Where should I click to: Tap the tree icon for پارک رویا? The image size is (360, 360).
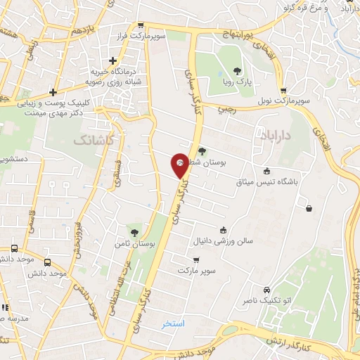236,70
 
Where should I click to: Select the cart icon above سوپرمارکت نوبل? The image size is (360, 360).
283,91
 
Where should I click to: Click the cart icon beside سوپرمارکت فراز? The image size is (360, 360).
141,25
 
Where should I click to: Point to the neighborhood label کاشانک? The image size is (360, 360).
92,141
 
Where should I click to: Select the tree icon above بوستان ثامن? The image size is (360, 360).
134,231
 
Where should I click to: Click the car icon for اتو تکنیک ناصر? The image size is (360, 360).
266,290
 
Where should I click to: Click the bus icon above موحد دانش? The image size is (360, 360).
15,249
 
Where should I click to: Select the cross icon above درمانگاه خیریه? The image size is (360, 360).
112,61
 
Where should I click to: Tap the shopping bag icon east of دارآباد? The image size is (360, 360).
309,207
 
